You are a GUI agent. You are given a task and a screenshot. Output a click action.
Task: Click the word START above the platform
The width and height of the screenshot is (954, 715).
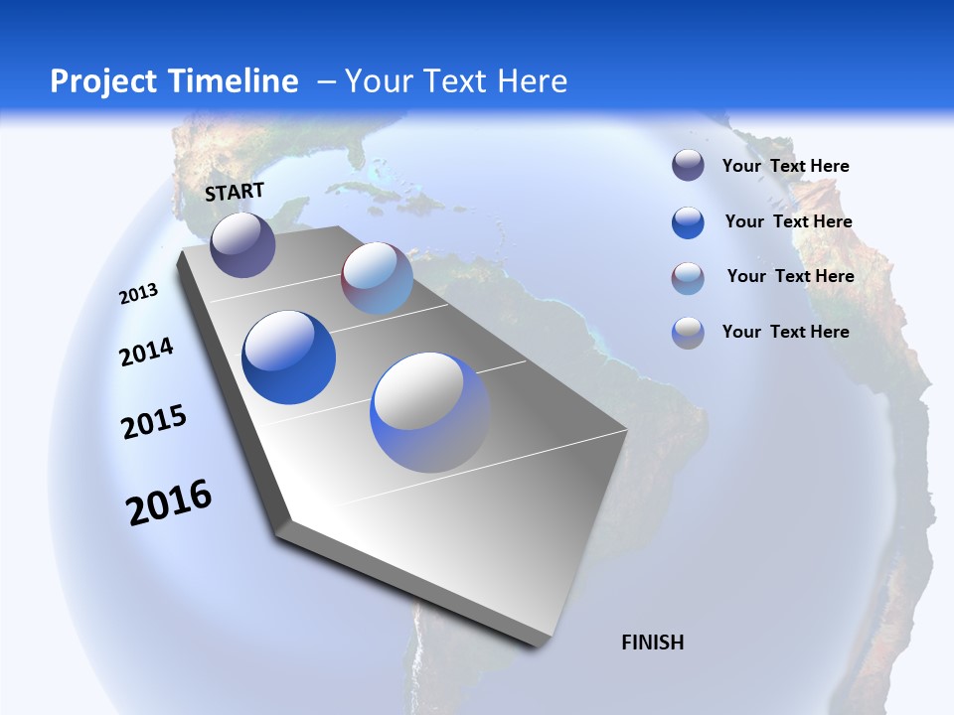coord(235,192)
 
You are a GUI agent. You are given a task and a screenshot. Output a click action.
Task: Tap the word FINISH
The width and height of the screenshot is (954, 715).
coord(653,643)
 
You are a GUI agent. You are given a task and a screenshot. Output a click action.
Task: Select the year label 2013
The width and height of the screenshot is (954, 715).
coord(138,294)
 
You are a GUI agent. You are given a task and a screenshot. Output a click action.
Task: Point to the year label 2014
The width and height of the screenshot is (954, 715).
coord(146,352)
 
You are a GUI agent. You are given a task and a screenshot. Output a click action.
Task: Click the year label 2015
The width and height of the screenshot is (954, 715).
coord(154,422)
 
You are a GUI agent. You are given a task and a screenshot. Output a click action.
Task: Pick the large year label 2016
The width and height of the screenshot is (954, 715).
coord(169,502)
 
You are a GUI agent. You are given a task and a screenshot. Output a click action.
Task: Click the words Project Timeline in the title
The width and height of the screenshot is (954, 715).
coord(174,81)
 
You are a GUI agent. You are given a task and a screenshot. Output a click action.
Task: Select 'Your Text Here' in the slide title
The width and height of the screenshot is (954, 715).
coord(456,81)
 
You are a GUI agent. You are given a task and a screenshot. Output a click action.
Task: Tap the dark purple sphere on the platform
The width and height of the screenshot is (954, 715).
coord(242,244)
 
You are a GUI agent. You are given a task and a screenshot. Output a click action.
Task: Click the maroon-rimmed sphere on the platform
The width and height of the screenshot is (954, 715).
coord(377,278)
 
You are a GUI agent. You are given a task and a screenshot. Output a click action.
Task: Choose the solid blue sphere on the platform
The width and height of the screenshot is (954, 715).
coord(288,357)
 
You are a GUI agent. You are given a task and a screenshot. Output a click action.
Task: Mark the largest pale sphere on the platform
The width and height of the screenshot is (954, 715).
coord(430,412)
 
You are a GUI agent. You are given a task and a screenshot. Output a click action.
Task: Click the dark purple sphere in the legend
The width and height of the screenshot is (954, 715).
coord(688,166)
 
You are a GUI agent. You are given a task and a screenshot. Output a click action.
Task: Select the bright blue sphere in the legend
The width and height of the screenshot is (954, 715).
coord(688,222)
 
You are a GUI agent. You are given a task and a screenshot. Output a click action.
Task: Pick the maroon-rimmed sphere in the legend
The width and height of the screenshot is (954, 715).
coord(688,278)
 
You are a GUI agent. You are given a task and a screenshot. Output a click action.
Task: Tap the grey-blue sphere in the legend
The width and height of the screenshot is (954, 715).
coord(688,333)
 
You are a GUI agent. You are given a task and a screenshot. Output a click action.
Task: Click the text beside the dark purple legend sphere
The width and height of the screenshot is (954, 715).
coord(785,166)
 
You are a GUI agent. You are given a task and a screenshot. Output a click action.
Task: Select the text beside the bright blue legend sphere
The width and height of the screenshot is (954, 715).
coord(788,221)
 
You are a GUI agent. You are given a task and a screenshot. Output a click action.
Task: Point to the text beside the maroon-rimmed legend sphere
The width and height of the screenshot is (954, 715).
coord(790,276)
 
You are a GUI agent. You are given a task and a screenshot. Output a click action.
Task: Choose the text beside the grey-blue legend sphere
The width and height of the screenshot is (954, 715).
coord(785,332)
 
